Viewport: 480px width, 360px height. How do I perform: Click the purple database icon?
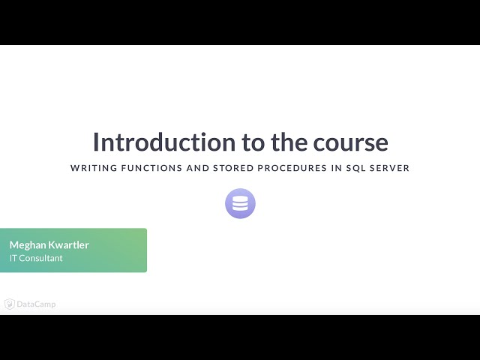click(x=240, y=203)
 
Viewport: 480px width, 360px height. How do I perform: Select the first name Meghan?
click(x=27, y=245)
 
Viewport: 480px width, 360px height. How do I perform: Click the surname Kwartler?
click(x=68, y=245)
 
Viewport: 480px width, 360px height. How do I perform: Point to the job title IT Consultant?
click(x=36, y=258)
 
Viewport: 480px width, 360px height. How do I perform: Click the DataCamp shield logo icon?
click(x=10, y=304)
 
